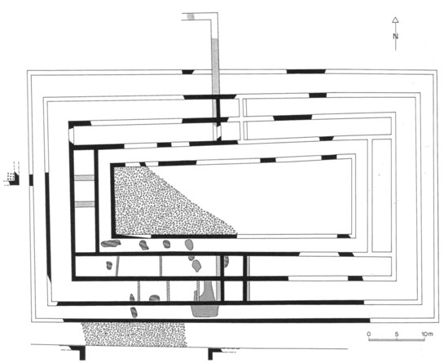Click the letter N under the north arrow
click(395, 37)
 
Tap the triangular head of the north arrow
click(395, 20)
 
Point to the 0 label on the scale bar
click(369, 334)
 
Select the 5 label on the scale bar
click(397, 334)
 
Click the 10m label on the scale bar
click(427, 334)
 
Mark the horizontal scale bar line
click(397, 339)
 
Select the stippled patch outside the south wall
click(134, 334)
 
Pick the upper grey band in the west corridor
click(84, 178)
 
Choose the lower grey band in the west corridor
click(84, 204)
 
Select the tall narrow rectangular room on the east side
click(381, 196)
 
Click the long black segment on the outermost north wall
click(306, 71)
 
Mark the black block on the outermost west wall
click(31, 180)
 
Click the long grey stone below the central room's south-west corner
click(111, 243)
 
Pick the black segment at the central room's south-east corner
click(344, 236)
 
